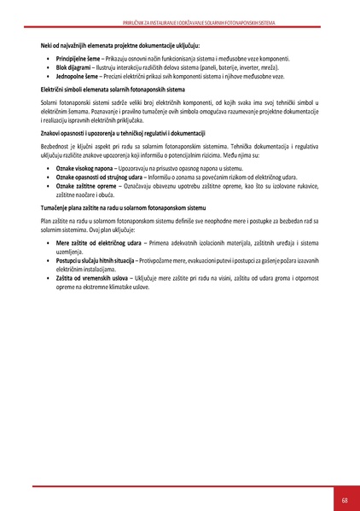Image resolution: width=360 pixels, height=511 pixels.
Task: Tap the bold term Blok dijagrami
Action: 73,67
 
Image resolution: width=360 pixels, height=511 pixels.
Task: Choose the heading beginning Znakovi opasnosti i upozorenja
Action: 123,134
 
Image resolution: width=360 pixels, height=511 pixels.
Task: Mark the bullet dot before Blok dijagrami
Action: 49,67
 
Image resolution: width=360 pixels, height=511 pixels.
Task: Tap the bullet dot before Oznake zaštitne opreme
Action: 49,185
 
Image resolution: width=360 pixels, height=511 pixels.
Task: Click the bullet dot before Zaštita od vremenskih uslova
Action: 49,276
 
